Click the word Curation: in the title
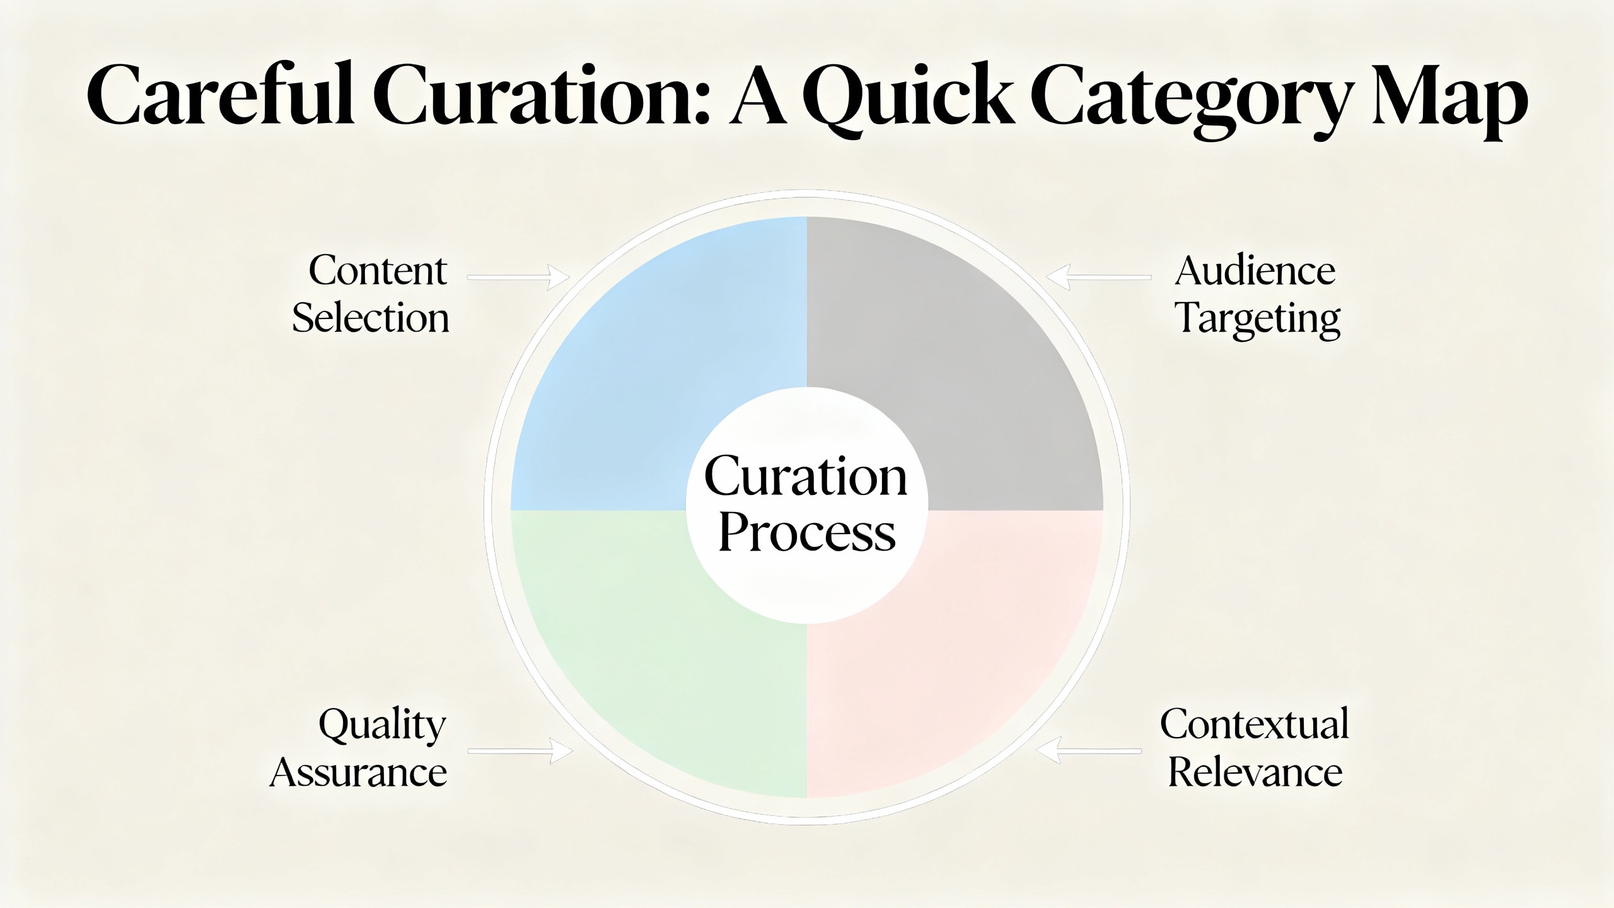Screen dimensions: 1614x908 [542, 96]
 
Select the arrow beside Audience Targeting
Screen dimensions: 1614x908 [1099, 277]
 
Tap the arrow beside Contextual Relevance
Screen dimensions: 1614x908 [1089, 751]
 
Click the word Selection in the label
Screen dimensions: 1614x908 [371, 318]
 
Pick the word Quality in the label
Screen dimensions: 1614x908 [383, 726]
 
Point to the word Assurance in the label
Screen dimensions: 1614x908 [358, 772]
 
